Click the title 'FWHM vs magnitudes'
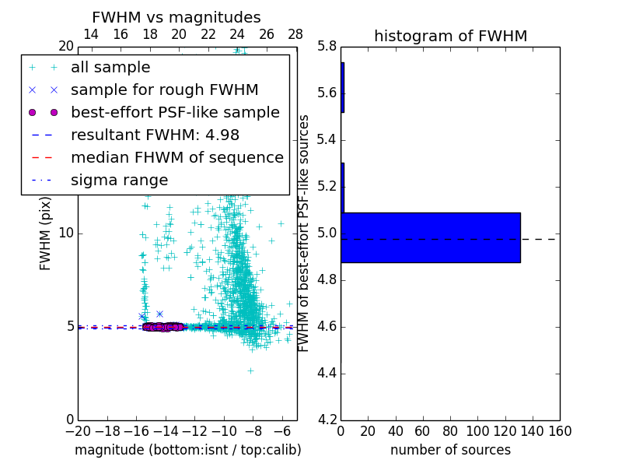(x=176, y=18)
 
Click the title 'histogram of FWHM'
(x=450, y=36)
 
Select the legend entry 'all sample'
(x=110, y=68)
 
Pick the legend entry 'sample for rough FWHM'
(x=164, y=90)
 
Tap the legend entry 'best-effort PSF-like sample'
(x=175, y=112)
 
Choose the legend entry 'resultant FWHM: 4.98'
(x=155, y=135)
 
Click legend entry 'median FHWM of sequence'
(x=176, y=157)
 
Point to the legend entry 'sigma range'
(x=119, y=180)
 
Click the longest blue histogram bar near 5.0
(x=430, y=237)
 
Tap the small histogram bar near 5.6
(x=342, y=87)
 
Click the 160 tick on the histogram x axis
(x=559, y=431)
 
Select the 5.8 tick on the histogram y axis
(x=327, y=47)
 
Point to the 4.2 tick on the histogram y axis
(x=327, y=420)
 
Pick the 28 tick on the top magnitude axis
(x=295, y=34)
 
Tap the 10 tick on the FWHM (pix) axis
(x=65, y=233)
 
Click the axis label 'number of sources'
(x=450, y=450)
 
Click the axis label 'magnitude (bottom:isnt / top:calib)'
(x=187, y=450)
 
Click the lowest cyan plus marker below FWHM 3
(x=250, y=370)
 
